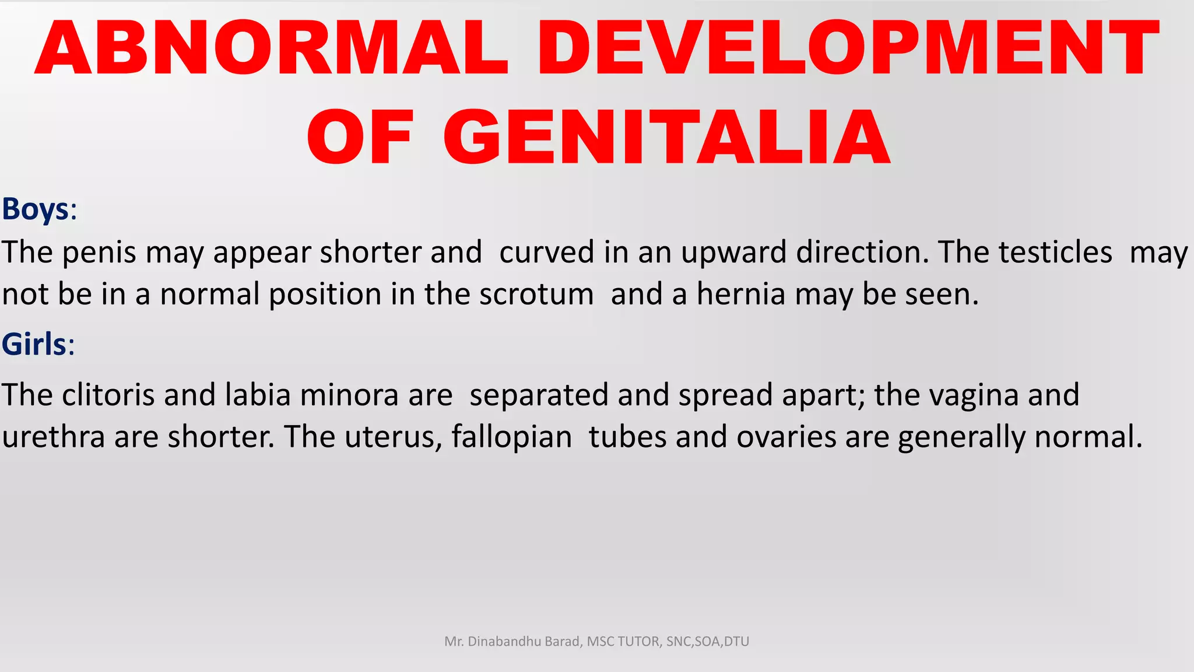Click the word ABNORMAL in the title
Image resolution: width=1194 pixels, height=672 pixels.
(x=272, y=48)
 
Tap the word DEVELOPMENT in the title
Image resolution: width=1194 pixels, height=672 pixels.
(x=848, y=48)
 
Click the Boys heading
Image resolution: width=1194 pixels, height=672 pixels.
(x=36, y=209)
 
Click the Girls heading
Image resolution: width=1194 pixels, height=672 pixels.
(x=34, y=344)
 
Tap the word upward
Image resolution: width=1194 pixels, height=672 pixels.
(x=733, y=253)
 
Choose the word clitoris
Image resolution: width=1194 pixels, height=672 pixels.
(x=108, y=395)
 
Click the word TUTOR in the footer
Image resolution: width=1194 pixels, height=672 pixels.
(x=638, y=642)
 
